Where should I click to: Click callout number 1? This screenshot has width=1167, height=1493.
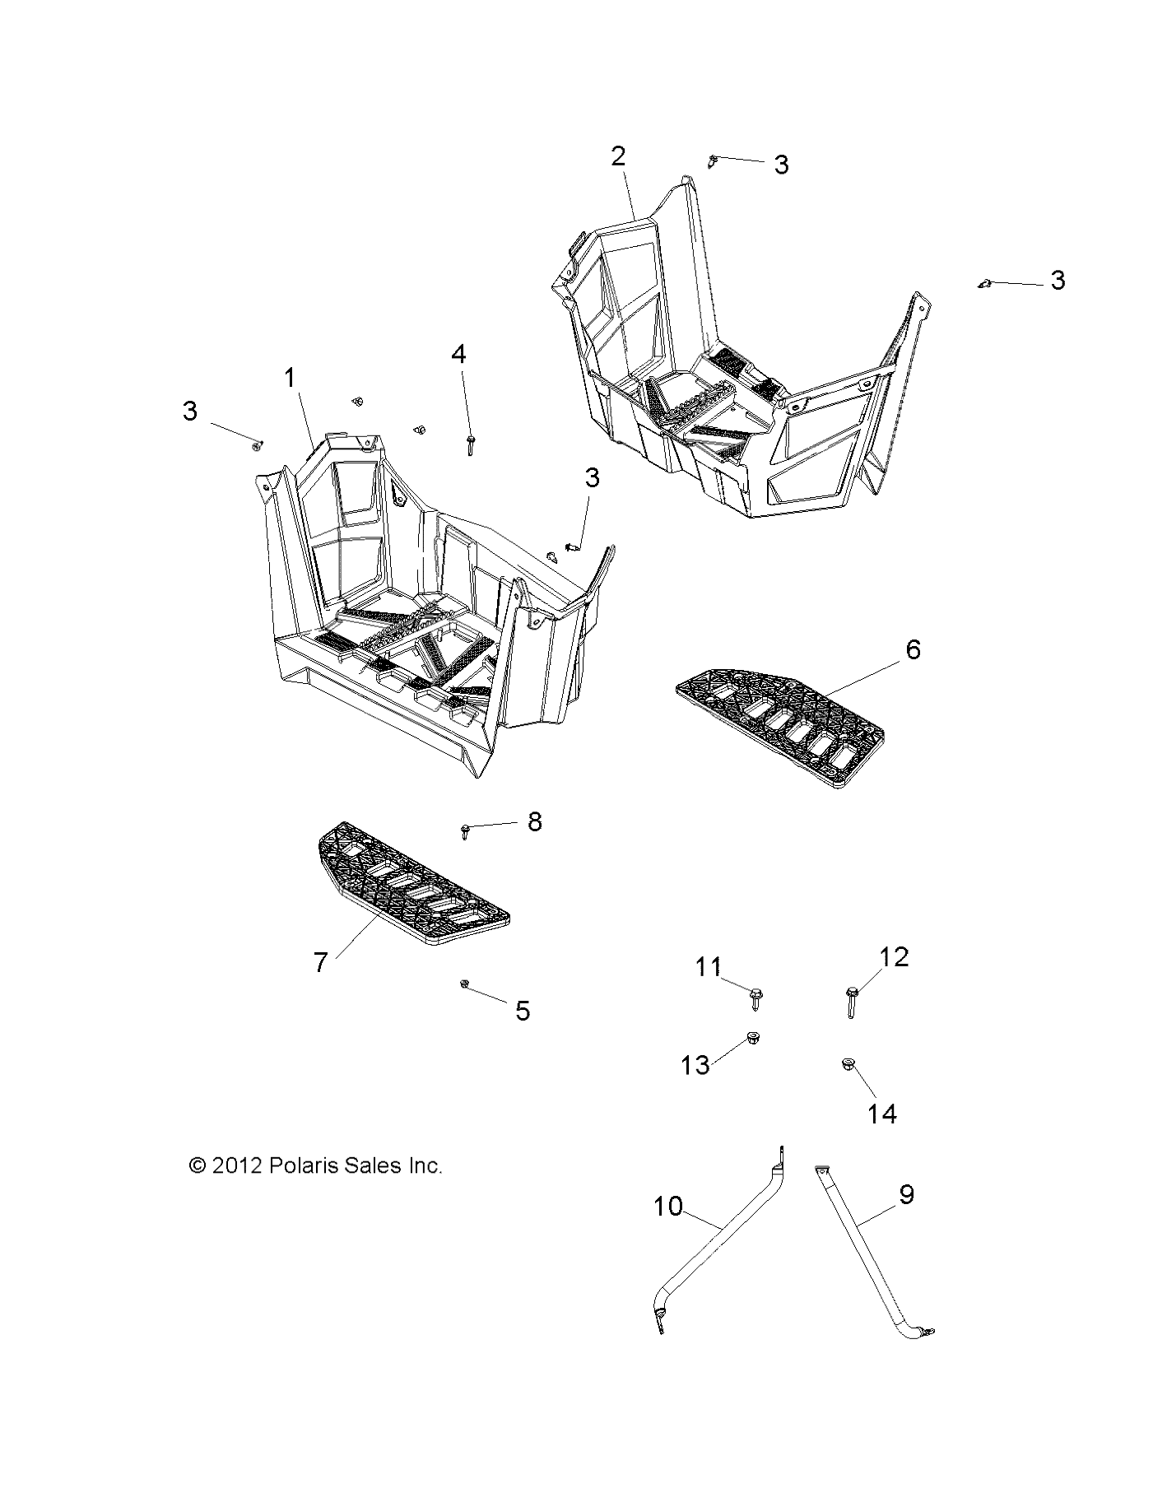(x=290, y=379)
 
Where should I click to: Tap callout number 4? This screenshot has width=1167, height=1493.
(x=458, y=355)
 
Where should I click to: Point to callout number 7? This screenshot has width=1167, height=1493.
(x=321, y=961)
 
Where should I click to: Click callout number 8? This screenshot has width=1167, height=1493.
(x=535, y=821)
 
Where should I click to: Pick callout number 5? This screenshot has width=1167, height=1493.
(x=523, y=1011)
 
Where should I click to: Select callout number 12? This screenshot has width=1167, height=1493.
(x=894, y=957)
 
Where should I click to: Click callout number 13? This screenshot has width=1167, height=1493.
(x=695, y=1065)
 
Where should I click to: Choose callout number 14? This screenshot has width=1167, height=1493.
(x=882, y=1114)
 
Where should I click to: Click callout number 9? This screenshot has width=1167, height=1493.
(x=906, y=1194)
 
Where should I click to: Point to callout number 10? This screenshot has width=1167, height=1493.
(x=668, y=1207)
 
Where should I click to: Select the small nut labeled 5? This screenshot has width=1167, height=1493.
(x=465, y=984)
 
